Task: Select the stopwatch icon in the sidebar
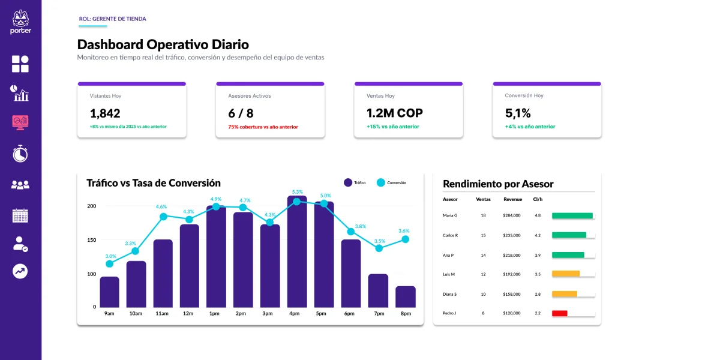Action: coord(20,154)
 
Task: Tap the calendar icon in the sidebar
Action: coord(20,215)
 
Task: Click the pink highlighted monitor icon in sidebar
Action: coord(20,122)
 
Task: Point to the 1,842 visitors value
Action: coord(105,113)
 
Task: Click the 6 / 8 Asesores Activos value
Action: coord(241,113)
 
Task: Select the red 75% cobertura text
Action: coord(263,127)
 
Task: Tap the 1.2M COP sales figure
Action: coord(394,113)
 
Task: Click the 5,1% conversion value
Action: coord(518,113)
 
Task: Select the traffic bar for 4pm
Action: coord(297,252)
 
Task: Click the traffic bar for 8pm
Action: coord(406,296)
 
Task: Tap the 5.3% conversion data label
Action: coord(297,192)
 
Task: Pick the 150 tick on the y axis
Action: coord(92,240)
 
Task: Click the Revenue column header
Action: coord(512,199)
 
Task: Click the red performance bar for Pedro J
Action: coord(559,313)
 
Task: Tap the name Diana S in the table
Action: coord(450,294)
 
